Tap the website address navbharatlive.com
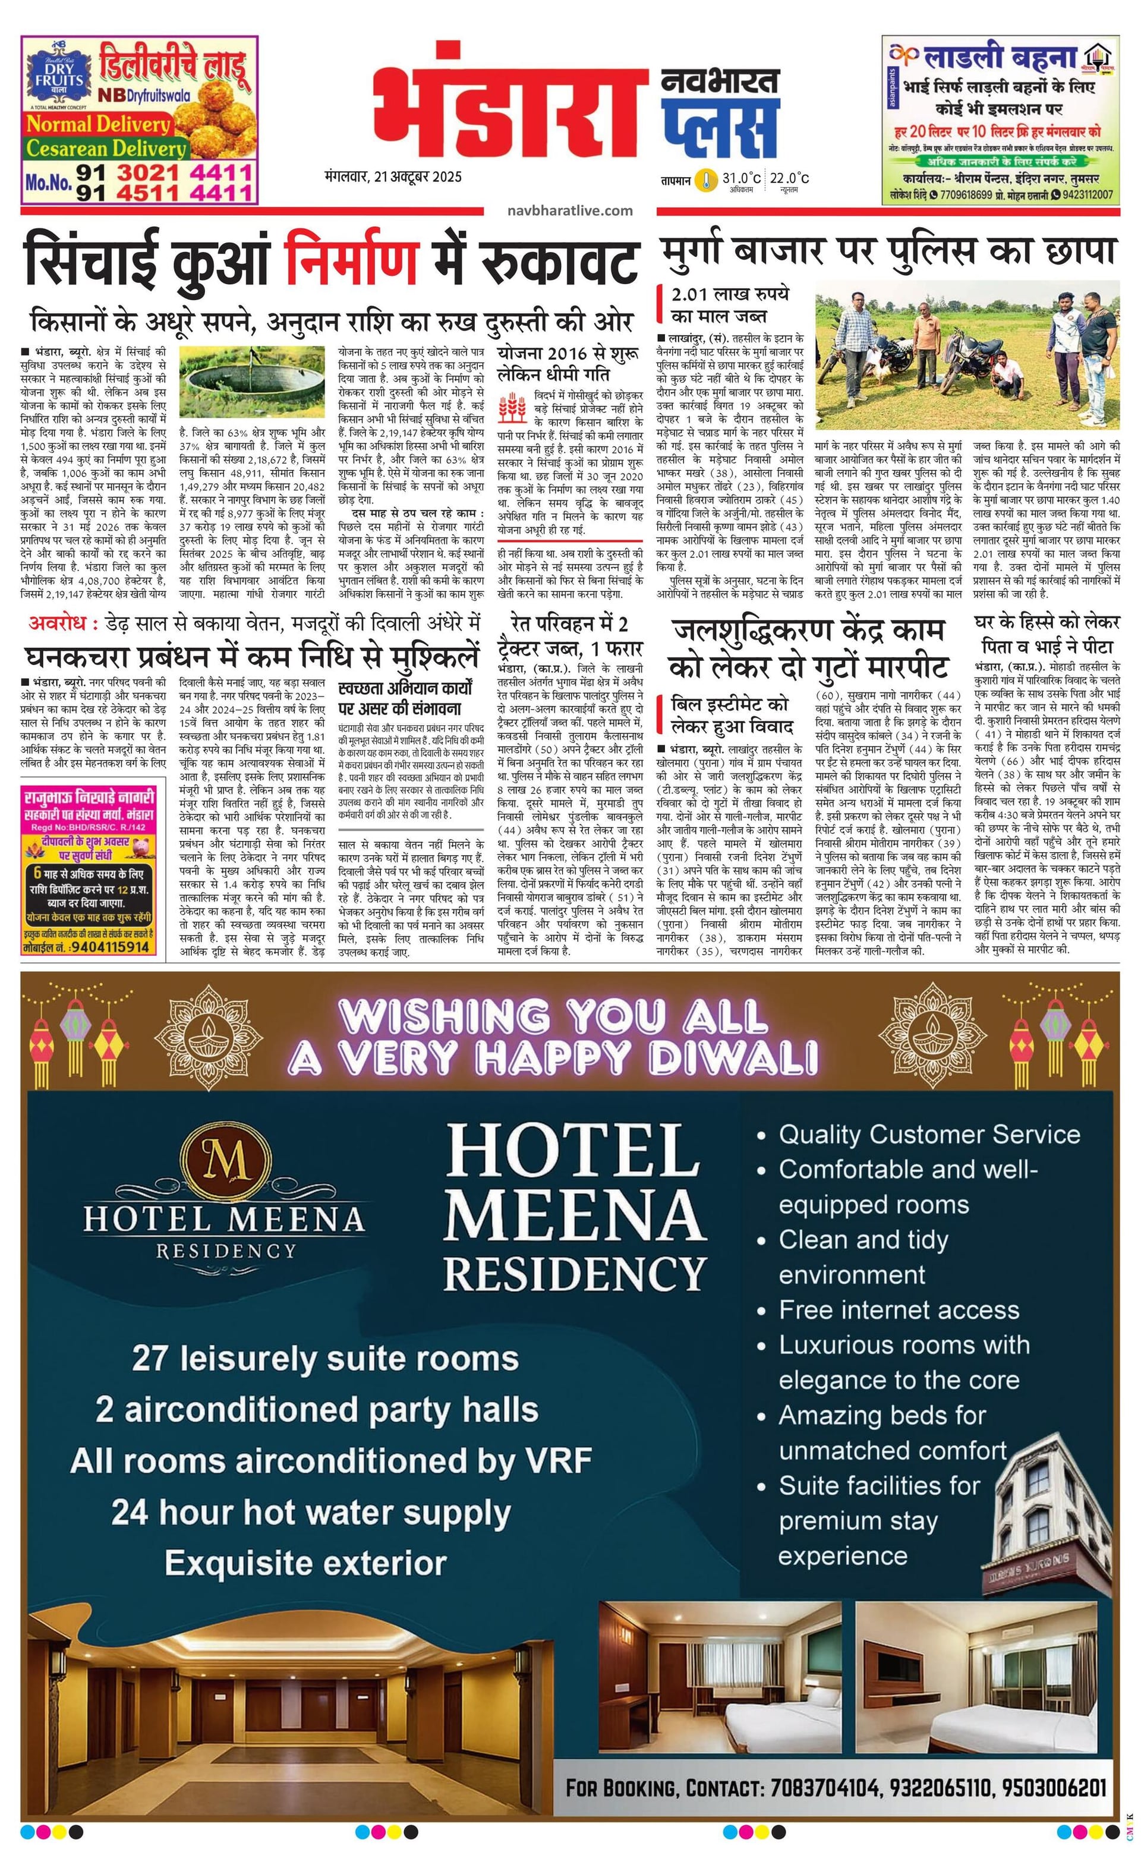click(x=570, y=210)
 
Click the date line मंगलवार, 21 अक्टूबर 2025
click(x=392, y=177)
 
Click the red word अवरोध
click(x=63, y=623)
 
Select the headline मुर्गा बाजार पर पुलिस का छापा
click(x=888, y=251)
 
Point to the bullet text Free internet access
click(x=899, y=1310)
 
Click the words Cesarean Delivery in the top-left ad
click(x=106, y=147)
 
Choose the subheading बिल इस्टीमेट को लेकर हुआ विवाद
click(x=730, y=714)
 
